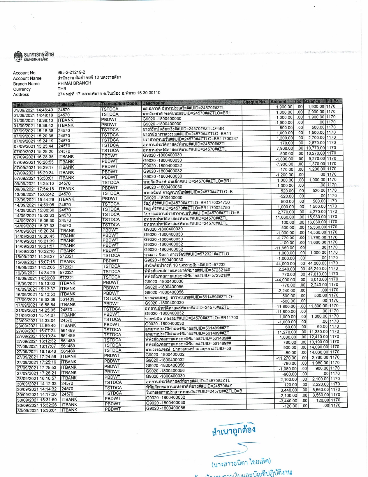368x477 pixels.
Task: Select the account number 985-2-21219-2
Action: pos(71,72)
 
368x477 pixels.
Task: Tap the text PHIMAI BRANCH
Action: pos(74,83)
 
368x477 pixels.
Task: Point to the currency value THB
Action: pos(62,89)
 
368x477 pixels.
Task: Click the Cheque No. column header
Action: pos(254,102)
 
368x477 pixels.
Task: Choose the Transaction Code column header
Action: pos(119,103)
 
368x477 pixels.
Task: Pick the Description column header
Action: pos(154,103)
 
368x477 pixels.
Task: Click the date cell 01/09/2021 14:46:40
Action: pos(34,110)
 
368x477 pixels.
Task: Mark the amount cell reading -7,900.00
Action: pos(284,164)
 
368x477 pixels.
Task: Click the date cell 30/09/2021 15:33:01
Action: pos(37,410)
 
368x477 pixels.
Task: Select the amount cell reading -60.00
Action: pos(290,353)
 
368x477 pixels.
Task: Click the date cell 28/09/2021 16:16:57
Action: pos(36,378)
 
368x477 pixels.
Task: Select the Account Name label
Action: pos(27,78)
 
